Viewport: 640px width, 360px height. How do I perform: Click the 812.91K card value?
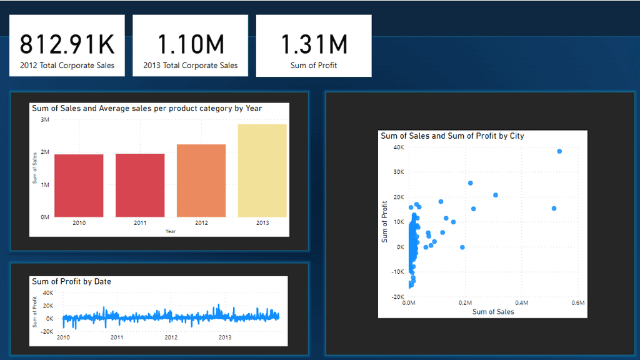(67, 44)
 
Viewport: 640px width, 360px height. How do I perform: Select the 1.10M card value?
(190, 44)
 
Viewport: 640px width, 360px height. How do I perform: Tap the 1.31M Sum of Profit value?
(314, 44)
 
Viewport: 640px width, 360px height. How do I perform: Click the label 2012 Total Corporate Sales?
(67, 65)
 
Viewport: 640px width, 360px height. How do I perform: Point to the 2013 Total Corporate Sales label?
(190, 65)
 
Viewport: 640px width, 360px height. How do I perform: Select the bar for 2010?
(79, 186)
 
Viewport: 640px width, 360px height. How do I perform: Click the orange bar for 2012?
(201, 181)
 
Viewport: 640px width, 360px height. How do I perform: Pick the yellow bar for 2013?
(262, 171)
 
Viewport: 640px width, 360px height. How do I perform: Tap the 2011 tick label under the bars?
(140, 223)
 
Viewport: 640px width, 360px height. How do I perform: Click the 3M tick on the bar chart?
(45, 119)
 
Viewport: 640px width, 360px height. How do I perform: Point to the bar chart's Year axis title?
(171, 231)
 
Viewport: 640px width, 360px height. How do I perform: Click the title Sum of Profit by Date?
(71, 281)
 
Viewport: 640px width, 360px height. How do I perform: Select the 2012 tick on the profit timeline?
(171, 337)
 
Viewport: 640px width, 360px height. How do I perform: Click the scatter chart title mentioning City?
(452, 136)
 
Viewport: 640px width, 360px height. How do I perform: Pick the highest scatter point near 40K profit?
(559, 151)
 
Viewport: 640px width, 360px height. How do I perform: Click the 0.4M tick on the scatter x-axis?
(521, 303)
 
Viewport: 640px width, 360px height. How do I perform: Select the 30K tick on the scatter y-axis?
(398, 172)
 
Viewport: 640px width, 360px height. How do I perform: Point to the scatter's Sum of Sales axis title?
(493, 311)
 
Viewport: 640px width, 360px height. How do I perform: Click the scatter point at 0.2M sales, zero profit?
(462, 247)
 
